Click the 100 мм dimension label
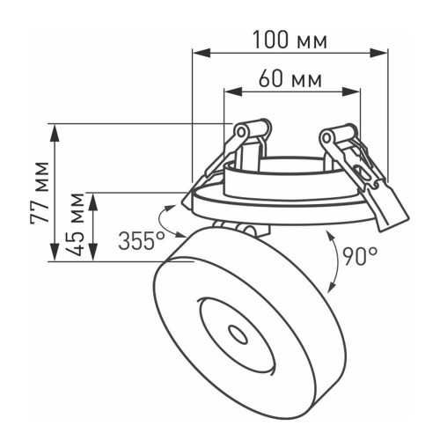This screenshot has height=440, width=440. coord(290,40)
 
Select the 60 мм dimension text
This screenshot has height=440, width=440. coord(290,79)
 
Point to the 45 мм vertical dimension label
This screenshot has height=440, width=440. coord(78,225)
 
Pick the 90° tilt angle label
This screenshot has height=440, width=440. coord(360,256)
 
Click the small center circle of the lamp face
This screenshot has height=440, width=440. coord(236,334)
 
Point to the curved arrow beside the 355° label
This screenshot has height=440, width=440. coord(169,220)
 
